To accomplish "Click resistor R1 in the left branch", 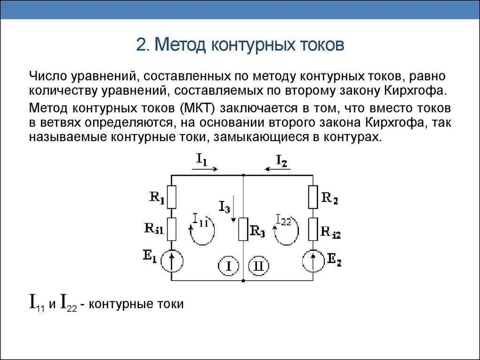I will click(172, 197).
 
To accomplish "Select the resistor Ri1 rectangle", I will click(172, 228).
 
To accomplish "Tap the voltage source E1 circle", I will click(172, 261).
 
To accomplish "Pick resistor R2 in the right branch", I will click(313, 197).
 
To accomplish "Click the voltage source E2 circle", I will click(313, 261).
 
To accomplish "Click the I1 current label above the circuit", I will click(202, 160).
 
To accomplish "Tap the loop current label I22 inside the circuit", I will click(284, 220).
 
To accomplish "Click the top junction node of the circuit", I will click(244, 175).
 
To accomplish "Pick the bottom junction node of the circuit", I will click(244, 280).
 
